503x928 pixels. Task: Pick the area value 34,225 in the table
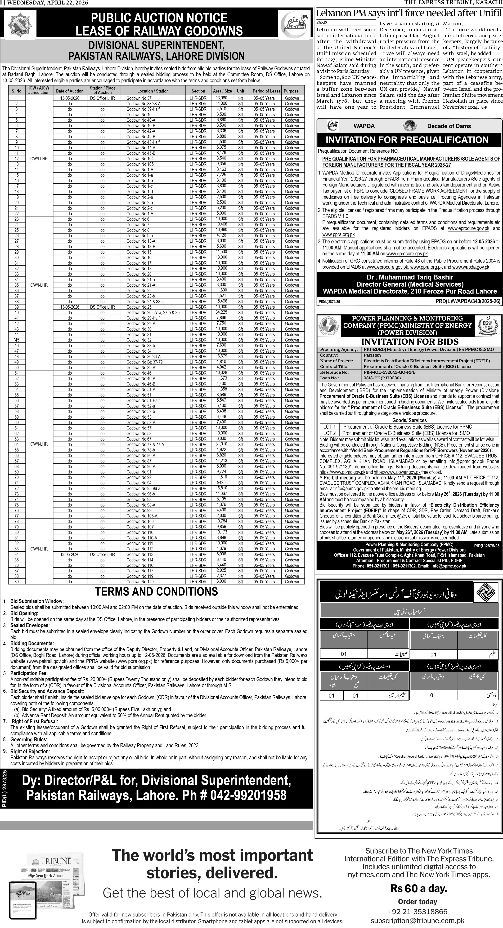pyautogui.click(x=221, y=312)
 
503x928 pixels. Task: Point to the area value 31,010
pyautogui.click(x=221, y=444)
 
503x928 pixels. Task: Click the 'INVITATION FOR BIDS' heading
pyautogui.click(x=409, y=341)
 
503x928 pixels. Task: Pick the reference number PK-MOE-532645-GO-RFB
pyautogui.click(x=389, y=372)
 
